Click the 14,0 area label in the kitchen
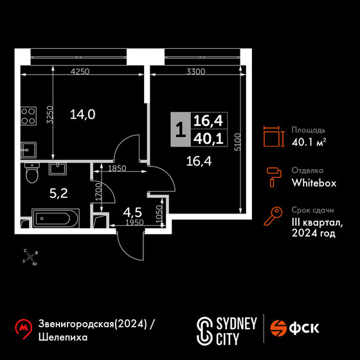[x=83, y=114]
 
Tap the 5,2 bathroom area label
[x=59, y=194]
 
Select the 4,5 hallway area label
[x=132, y=212]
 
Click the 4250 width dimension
[x=80, y=71]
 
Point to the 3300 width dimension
[x=195, y=71]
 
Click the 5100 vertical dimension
[x=238, y=141]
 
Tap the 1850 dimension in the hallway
[x=117, y=168]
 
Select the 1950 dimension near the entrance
[x=134, y=222]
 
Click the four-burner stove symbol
[x=28, y=116]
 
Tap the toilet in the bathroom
[x=32, y=173]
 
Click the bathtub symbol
[x=55, y=219]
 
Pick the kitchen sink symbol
[x=28, y=150]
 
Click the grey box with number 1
[x=181, y=129]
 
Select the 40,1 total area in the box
[x=208, y=139]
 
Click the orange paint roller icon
[x=274, y=177]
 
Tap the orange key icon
[x=273, y=216]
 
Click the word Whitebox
[x=314, y=183]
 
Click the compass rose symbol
[x=30, y=257]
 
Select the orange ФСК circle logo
[x=278, y=328]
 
